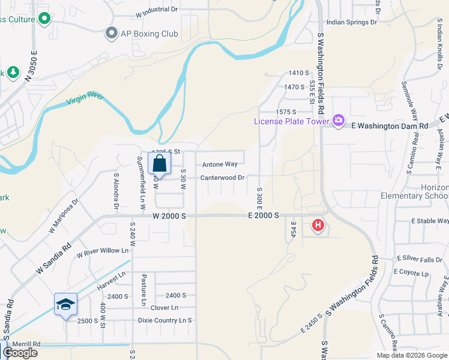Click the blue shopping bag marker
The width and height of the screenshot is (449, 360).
point(159,163)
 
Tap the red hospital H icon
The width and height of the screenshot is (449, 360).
point(318,226)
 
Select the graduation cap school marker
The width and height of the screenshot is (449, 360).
point(65,304)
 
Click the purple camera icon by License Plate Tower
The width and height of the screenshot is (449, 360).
point(339,121)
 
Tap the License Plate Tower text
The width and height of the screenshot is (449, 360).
point(292,121)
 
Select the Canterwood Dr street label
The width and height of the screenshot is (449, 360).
point(222,178)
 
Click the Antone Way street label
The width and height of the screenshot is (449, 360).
point(220,164)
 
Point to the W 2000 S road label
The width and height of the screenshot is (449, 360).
point(170,215)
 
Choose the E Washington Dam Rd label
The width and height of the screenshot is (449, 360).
point(389,126)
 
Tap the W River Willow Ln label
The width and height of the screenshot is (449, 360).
point(103,251)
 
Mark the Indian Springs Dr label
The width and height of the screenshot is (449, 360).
point(352,23)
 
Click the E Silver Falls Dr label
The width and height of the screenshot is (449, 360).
point(419,260)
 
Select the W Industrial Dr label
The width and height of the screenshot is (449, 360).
point(157,10)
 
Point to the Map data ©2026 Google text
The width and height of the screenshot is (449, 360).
point(411,355)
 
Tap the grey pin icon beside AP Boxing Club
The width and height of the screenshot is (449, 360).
point(110,34)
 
